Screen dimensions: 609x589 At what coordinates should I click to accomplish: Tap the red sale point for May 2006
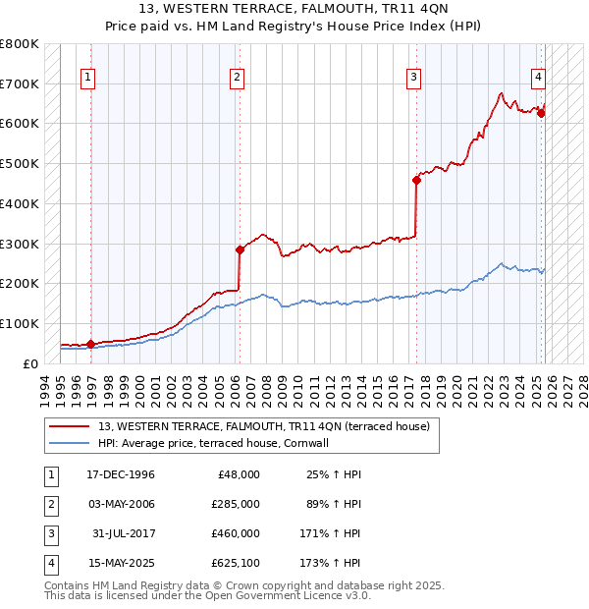pos(239,249)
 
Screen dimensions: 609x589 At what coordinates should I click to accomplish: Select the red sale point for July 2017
pos(416,179)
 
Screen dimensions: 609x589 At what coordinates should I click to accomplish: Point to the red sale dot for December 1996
pos(90,344)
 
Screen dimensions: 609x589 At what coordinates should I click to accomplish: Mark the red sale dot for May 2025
pos(541,113)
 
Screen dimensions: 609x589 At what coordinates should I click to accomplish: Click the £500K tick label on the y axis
pos(20,163)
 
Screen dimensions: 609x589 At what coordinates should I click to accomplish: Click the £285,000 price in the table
pos(236,504)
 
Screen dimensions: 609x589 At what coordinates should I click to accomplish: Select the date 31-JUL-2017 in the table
pos(125,533)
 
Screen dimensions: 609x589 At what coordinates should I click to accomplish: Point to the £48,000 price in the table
pos(239,474)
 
